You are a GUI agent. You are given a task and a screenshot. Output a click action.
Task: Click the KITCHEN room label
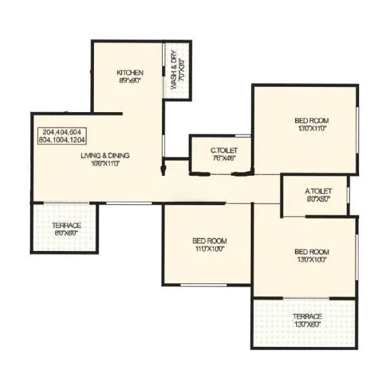[130, 72]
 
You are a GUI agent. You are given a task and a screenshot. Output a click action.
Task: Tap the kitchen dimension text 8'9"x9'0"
[130, 80]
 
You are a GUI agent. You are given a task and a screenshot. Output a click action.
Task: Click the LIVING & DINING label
[106, 156]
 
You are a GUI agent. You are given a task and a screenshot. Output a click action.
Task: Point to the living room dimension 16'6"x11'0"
[106, 163]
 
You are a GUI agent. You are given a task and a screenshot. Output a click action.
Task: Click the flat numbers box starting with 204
[62, 136]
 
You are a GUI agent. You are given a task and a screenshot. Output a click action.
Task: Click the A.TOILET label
[318, 191]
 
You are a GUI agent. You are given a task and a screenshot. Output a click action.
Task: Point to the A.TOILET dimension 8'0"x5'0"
[318, 199]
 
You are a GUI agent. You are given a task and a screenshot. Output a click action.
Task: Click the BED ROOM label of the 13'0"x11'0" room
[312, 121]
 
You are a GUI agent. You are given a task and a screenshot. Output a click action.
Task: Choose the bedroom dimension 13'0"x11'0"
[312, 128]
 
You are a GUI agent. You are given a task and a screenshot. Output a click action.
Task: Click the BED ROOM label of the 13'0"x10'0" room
[312, 252]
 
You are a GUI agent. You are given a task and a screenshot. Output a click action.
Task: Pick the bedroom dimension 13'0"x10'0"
[312, 259]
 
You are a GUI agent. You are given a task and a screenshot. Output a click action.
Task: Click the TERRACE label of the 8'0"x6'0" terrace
[67, 226]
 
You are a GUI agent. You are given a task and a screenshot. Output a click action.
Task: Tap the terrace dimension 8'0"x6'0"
[67, 233]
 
